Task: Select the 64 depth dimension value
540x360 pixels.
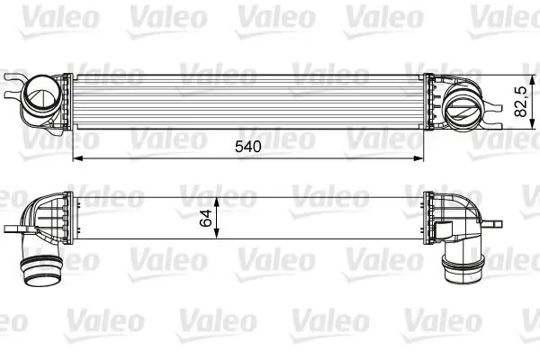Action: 205,217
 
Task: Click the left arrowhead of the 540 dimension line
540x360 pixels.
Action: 75,159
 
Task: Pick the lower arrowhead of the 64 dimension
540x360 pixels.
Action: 217,237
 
